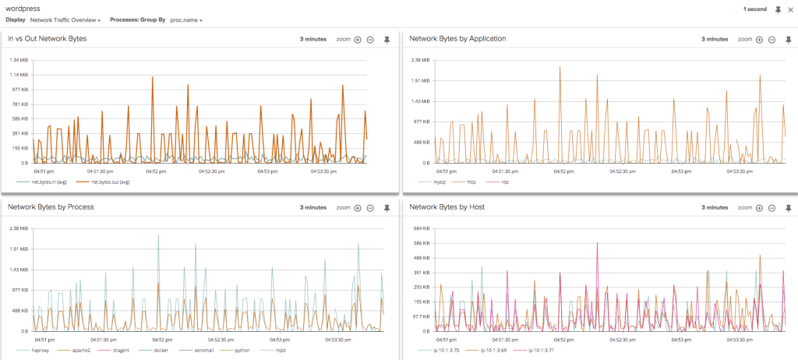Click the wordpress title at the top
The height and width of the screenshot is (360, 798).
23,8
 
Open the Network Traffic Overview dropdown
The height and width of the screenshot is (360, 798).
65,19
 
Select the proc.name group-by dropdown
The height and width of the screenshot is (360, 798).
186,19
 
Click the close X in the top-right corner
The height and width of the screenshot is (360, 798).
790,9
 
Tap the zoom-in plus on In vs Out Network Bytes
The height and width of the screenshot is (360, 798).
358,39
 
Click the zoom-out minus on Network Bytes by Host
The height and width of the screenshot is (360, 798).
772,208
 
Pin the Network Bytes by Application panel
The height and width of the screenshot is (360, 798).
788,39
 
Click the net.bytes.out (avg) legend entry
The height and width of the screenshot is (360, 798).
110,182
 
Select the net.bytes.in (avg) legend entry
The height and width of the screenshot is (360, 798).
51,182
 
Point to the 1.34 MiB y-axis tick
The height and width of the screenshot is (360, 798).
18,60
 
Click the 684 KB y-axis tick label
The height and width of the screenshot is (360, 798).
421,228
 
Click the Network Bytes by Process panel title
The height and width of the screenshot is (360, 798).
51,207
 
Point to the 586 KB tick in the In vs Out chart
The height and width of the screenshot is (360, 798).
19,118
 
